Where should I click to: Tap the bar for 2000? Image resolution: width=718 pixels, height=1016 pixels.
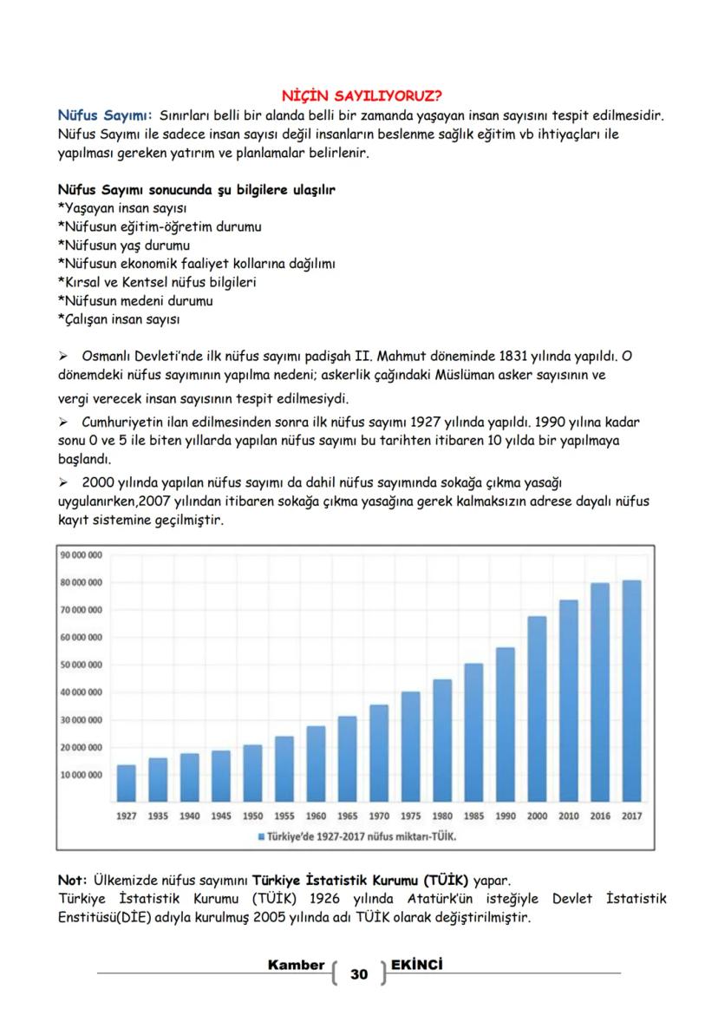pos(537,708)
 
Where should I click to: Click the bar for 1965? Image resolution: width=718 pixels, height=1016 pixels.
pos(347,758)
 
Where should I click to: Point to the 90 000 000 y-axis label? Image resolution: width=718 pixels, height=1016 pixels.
pos(82,554)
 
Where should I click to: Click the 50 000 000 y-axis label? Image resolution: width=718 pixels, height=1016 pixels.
pos(82,665)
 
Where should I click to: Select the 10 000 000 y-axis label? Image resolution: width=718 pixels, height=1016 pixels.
pos(82,775)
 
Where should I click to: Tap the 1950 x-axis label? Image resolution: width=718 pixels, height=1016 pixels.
pos(252,816)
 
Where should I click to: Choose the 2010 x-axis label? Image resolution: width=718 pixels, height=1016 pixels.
pos(569,816)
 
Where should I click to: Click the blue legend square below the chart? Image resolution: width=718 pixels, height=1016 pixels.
pos(260,837)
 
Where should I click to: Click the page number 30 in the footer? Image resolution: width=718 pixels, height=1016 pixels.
pos(358,974)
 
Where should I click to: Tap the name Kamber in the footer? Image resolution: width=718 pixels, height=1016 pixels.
pos(297,965)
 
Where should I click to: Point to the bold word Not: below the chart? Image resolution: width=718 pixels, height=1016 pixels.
pos(72,881)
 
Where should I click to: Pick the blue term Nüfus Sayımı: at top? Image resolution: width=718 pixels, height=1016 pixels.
pos(105,116)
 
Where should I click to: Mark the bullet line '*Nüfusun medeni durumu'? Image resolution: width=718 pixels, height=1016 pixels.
pos(135,301)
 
